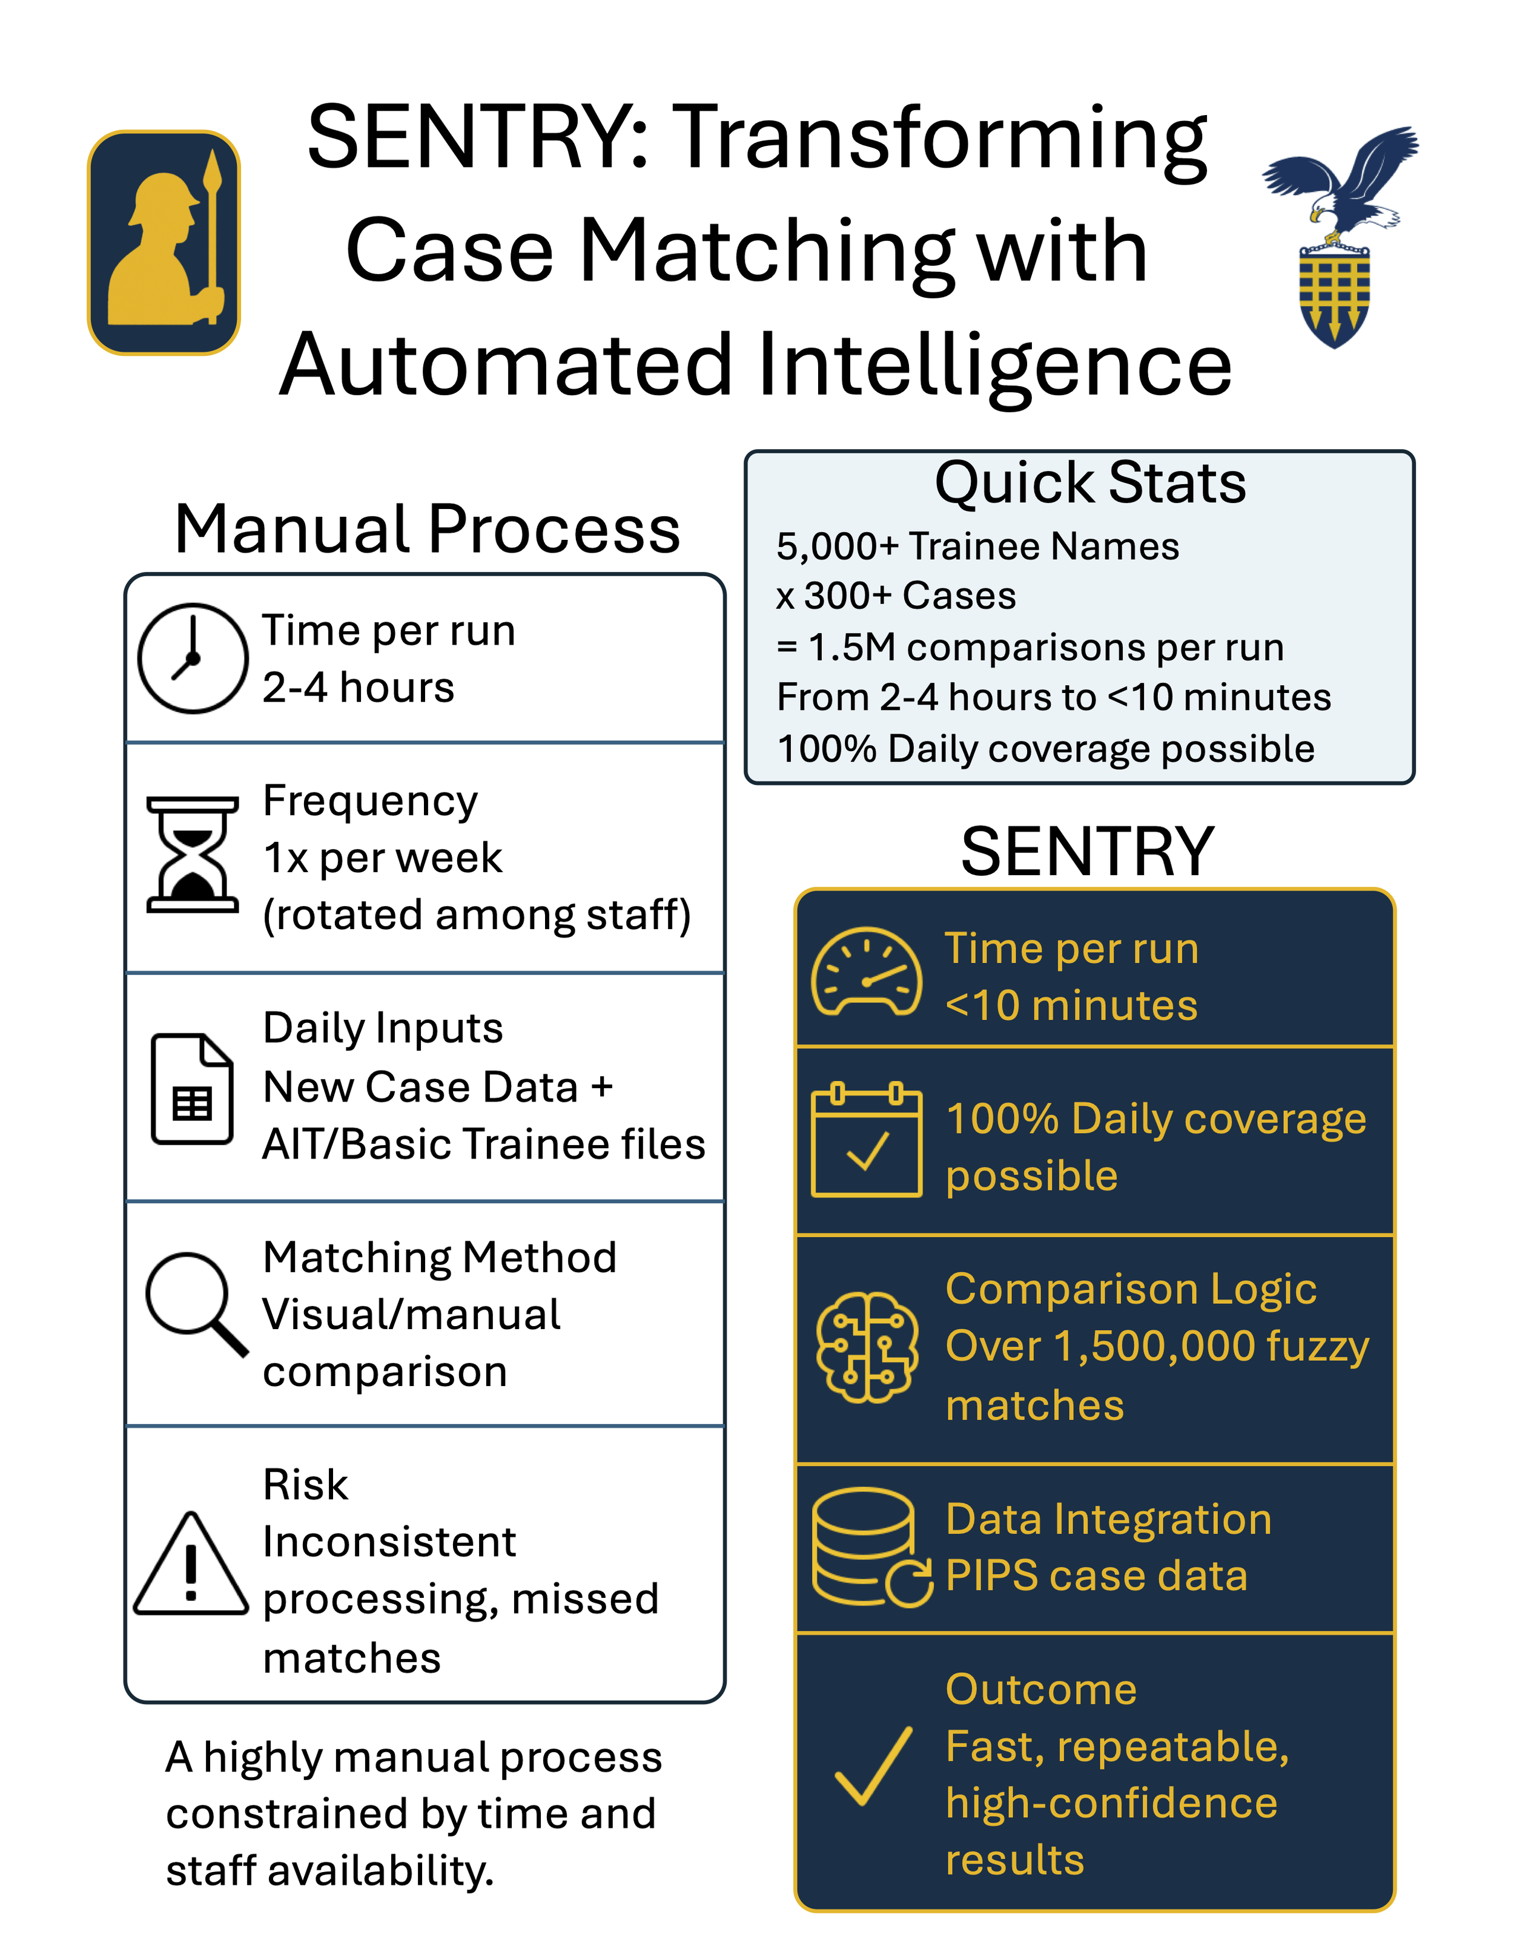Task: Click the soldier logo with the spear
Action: coord(164,242)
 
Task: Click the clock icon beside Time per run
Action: coord(193,658)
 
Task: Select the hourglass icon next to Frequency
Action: coord(193,855)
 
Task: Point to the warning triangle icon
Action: coord(191,1565)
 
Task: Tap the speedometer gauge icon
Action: coord(867,972)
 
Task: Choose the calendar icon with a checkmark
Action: coord(867,1140)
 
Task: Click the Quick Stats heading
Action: coord(1089,483)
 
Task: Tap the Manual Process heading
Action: coord(427,529)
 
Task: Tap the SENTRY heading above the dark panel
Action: coord(1087,851)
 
